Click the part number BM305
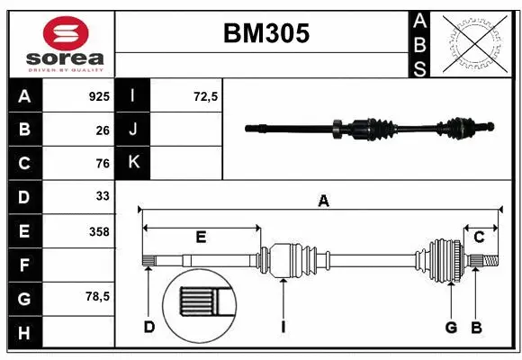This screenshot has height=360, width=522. (265, 34)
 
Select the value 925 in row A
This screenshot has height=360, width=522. (98, 96)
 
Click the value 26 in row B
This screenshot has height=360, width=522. (102, 130)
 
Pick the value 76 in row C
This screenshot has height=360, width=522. (102, 164)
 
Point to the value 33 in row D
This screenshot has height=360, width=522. (102, 195)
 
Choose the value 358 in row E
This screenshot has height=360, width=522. (98, 231)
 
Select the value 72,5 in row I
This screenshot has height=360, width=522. (206, 96)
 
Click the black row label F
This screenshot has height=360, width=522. (24, 265)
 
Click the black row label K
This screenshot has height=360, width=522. (134, 162)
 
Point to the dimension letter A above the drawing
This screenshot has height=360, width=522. (323, 202)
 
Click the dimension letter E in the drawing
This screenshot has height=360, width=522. (201, 238)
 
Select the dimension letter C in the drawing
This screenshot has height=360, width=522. (479, 238)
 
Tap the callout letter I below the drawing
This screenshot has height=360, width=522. (283, 327)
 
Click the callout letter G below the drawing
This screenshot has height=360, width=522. (451, 327)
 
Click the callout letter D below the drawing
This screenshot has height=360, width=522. (149, 327)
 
